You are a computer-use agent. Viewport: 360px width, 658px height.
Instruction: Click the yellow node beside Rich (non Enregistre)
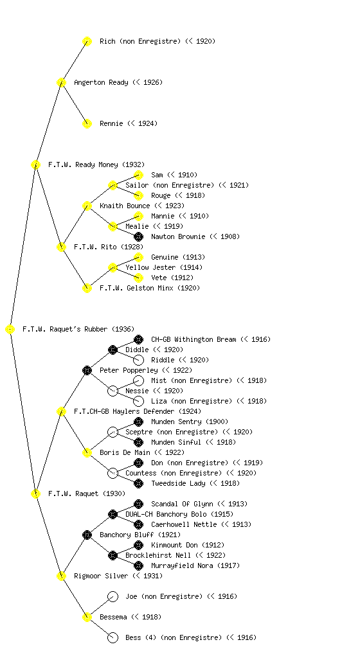tap(87, 41)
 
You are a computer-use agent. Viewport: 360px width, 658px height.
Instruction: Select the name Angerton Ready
tap(101, 82)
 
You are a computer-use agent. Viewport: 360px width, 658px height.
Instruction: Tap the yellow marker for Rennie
tap(87, 123)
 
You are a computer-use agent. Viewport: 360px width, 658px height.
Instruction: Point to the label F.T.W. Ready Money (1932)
tap(96, 164)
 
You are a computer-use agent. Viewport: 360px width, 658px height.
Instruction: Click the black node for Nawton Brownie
tap(138, 236)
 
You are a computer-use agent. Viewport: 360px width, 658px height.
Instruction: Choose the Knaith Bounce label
tap(125, 206)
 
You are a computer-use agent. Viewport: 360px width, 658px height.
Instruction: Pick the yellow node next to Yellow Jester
tap(113, 267)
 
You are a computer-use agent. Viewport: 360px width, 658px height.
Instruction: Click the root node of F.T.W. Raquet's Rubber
tap(10, 329)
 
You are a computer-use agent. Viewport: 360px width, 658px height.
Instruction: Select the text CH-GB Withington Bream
tap(194, 339)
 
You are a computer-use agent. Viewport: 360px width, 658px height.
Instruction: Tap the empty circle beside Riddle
tap(138, 360)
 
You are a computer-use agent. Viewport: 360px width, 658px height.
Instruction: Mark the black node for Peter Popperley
tap(87, 370)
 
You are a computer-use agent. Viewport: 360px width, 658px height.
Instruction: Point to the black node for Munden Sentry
tap(138, 422)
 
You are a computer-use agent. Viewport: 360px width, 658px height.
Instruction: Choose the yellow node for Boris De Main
tap(87, 452)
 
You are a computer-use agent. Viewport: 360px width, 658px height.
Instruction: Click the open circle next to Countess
tap(113, 473)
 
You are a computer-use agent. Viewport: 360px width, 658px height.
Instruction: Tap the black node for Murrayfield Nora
tap(138, 565)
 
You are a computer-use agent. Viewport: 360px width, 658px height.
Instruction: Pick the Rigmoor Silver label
tap(101, 576)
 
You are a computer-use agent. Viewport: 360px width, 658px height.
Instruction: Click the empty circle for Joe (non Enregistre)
tap(113, 596)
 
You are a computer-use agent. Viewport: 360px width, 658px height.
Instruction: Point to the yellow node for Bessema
tap(87, 617)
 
